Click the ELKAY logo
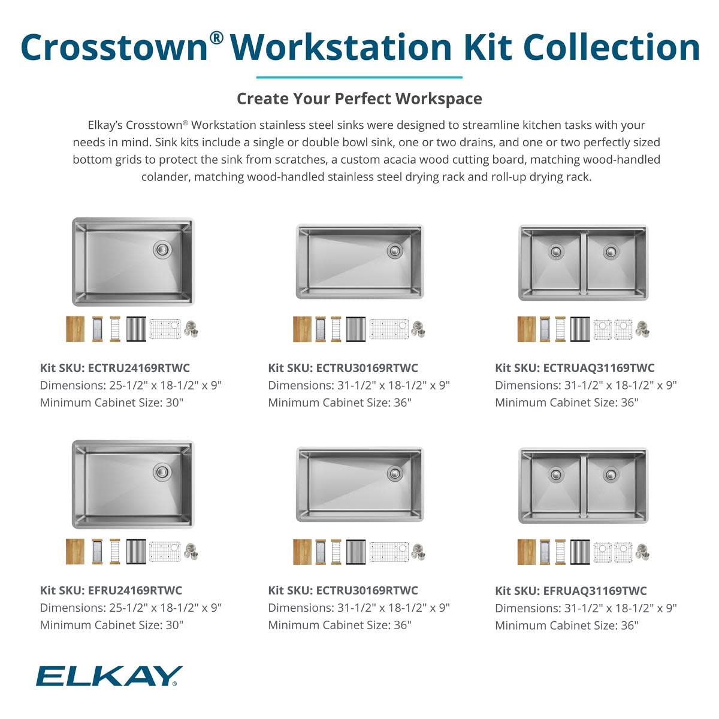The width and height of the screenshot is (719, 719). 108,675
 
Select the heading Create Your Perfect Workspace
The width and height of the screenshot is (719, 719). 359,98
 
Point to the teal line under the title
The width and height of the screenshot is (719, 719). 359,77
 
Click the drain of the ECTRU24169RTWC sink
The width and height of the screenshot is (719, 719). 162,249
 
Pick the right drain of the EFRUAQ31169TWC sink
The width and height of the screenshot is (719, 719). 611,474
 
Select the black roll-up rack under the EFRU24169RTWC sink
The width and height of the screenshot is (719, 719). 137,551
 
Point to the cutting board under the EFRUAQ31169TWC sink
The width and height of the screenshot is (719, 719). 526,551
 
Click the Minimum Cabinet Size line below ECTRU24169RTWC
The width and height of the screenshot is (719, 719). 111,402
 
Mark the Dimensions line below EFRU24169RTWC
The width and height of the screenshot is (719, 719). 131,608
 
